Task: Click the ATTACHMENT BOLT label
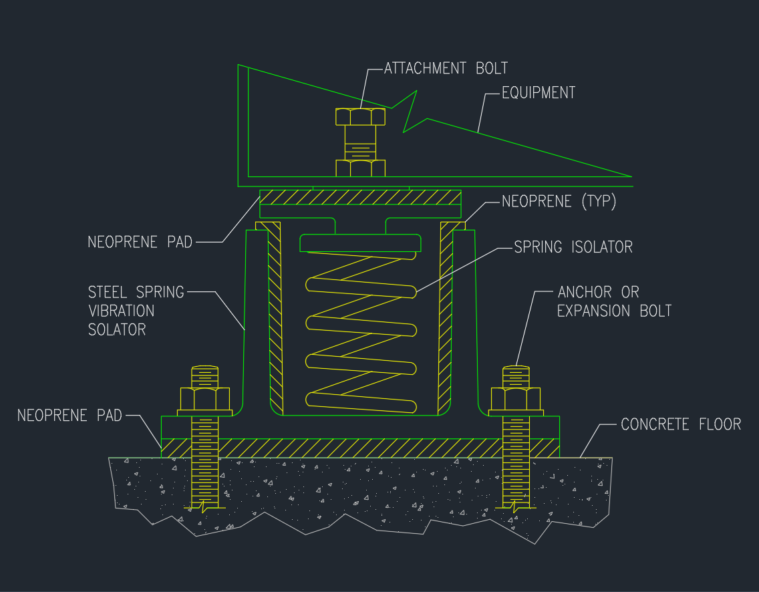[x=446, y=68]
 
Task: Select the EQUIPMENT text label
[x=539, y=92]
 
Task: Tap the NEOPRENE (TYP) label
[x=559, y=201]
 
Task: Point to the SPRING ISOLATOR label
[x=573, y=247]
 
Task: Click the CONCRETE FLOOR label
[x=681, y=424]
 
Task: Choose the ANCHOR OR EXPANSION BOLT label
[x=613, y=301]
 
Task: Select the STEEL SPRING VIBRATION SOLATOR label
[x=136, y=311]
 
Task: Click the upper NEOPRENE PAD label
[x=140, y=242]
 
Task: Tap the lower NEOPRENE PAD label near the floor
[x=69, y=416]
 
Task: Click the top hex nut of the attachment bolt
[x=360, y=116]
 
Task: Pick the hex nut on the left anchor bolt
[x=204, y=399]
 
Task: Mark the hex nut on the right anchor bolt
[x=516, y=399]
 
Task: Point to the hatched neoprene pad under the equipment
[x=360, y=198]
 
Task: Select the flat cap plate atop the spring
[x=360, y=243]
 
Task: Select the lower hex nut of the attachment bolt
[x=360, y=168]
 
